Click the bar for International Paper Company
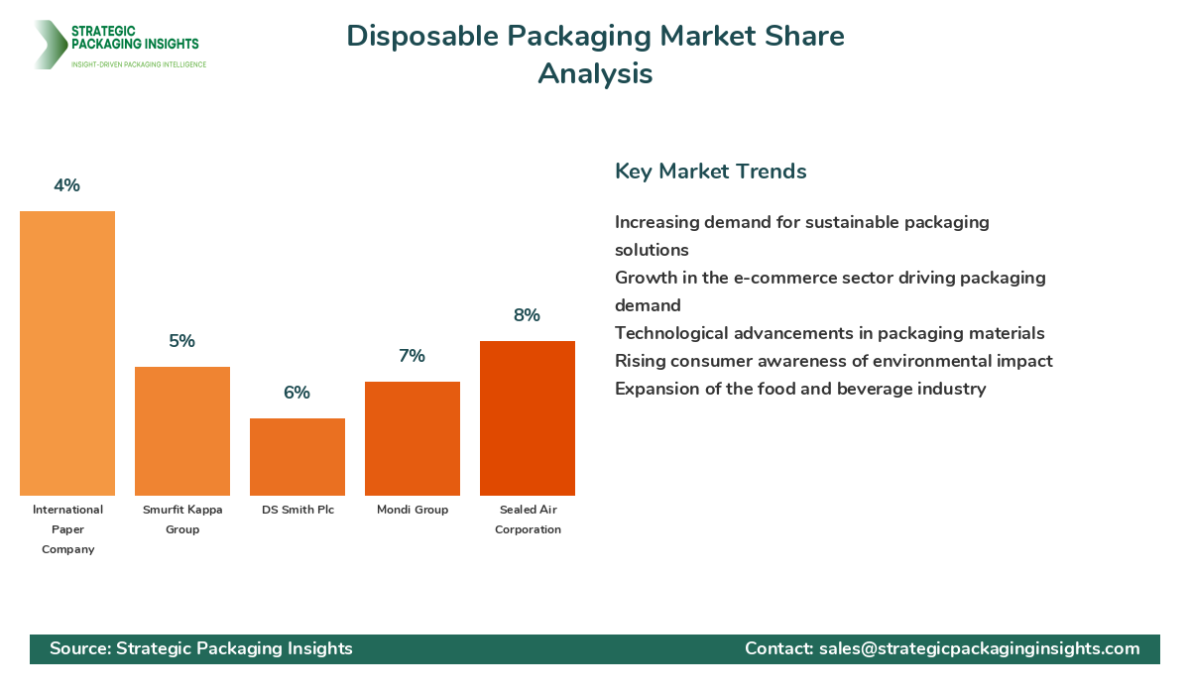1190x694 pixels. click(67, 353)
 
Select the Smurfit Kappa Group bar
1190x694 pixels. click(182, 431)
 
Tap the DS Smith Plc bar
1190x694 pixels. click(297, 457)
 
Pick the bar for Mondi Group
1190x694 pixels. click(413, 438)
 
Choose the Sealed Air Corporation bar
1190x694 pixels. click(528, 418)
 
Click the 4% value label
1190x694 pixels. click(67, 185)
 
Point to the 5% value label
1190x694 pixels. click(182, 341)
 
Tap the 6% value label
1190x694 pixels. click(297, 393)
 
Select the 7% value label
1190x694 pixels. click(413, 356)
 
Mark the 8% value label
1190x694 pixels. click(528, 315)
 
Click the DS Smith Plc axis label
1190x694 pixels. click(297, 510)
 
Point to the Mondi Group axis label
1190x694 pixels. click(413, 510)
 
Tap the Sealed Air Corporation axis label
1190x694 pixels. click(528, 520)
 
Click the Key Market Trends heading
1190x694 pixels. click(710, 171)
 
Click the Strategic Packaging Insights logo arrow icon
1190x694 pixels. click(47, 45)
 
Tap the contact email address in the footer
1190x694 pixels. click(979, 648)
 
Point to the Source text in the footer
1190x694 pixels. click(201, 648)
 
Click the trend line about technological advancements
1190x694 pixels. click(829, 333)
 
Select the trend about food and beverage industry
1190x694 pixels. click(800, 389)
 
